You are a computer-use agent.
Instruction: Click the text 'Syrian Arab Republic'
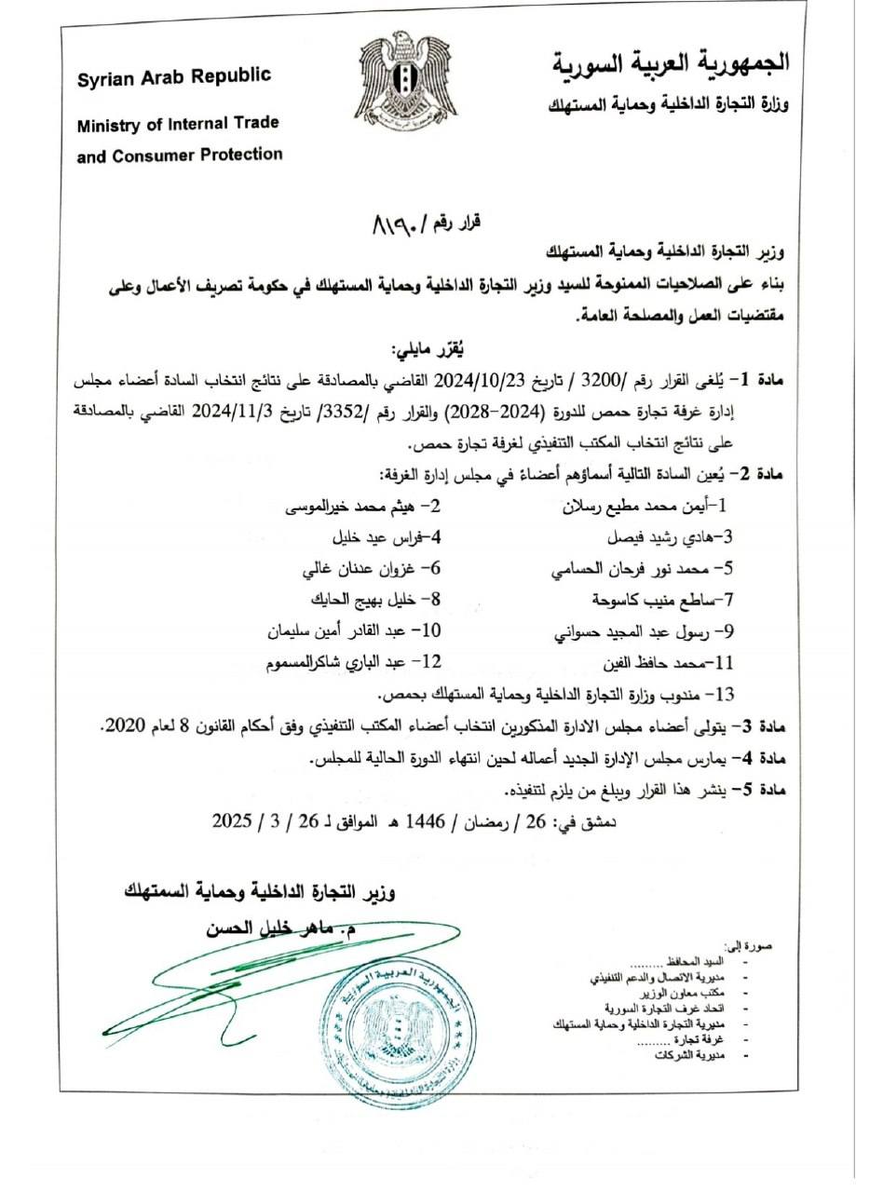(x=174, y=77)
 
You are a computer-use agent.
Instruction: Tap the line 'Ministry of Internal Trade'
(x=178, y=124)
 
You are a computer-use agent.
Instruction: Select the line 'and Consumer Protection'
(x=179, y=156)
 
